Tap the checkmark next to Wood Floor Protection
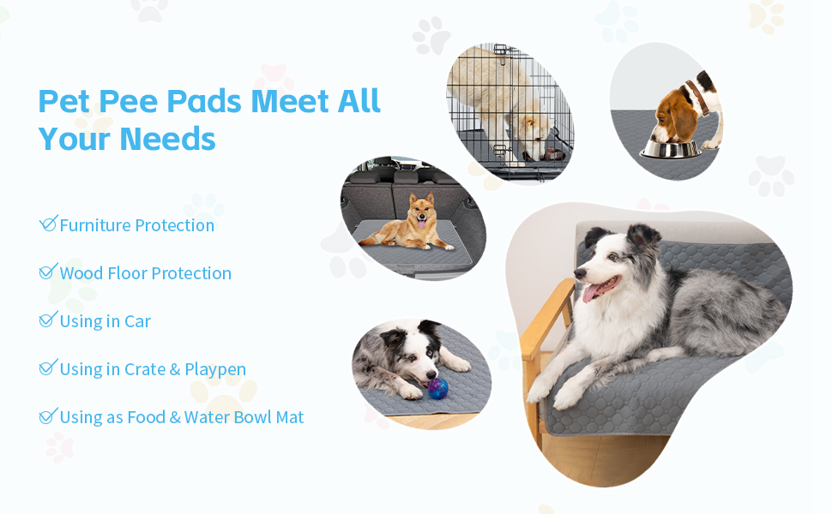(48, 272)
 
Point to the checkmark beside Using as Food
(48, 415)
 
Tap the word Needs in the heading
(168, 138)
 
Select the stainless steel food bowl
(671, 148)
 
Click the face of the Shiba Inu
(420, 210)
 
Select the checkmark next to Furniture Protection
(48, 224)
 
